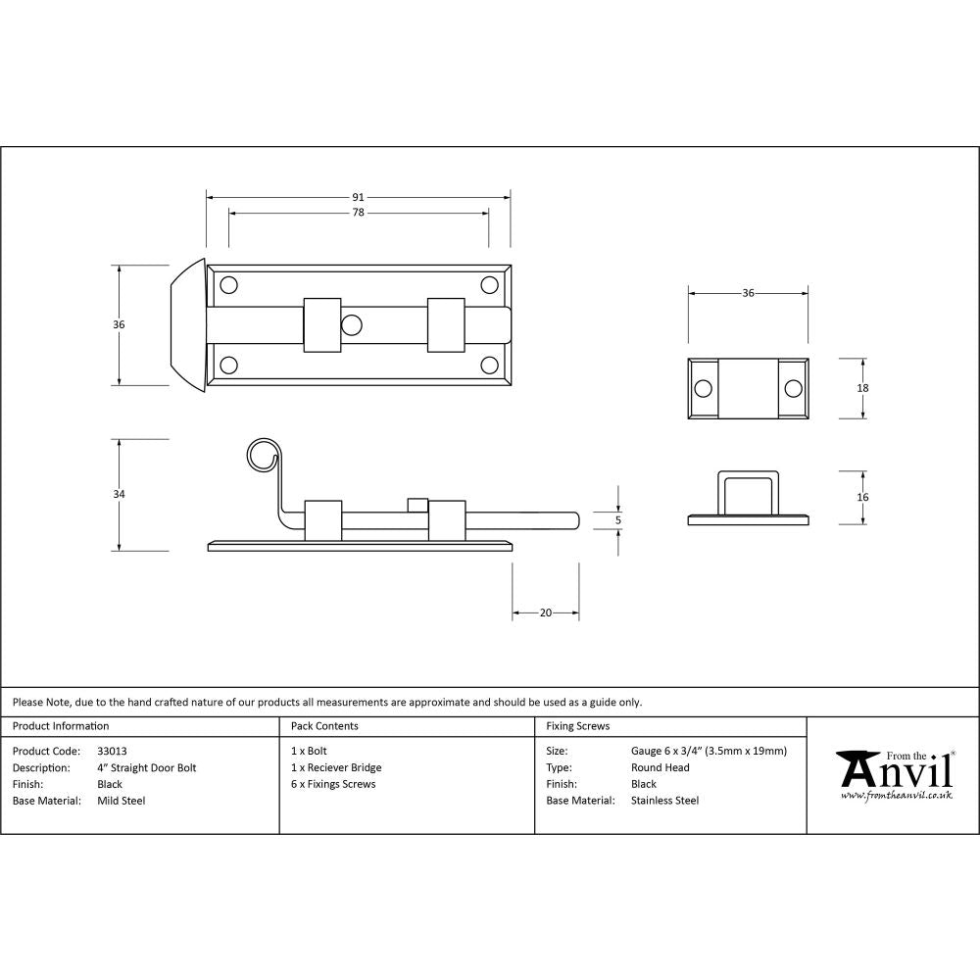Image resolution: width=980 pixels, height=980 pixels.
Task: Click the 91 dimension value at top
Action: click(x=358, y=197)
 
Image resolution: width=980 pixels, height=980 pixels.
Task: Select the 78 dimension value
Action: click(x=358, y=213)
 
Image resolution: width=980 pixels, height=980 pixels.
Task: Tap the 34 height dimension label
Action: click(x=120, y=495)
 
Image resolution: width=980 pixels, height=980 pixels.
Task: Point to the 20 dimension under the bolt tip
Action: click(x=546, y=612)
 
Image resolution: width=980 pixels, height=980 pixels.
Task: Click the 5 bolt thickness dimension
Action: click(x=618, y=520)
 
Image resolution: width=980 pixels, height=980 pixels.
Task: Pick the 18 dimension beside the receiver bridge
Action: click(x=862, y=388)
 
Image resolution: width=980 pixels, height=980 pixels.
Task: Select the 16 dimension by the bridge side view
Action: click(x=862, y=497)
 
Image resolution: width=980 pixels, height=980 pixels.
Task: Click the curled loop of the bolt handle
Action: click(x=262, y=456)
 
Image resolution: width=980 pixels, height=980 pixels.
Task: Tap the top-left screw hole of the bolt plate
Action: click(x=229, y=285)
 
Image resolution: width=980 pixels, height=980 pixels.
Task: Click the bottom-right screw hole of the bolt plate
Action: click(x=489, y=366)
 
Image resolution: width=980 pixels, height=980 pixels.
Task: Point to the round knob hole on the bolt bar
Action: click(x=352, y=324)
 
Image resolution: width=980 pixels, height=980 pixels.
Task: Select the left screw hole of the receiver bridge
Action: click(x=703, y=389)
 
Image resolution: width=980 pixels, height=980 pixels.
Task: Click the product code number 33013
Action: click(x=113, y=752)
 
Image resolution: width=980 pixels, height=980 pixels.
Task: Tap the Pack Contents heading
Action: click(x=324, y=726)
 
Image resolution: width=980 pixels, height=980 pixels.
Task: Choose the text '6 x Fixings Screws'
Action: click(x=333, y=784)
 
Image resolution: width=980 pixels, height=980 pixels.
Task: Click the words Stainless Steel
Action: click(x=665, y=801)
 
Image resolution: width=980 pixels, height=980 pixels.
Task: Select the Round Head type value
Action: click(x=661, y=768)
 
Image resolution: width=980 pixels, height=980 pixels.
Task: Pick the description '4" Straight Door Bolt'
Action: click(x=147, y=768)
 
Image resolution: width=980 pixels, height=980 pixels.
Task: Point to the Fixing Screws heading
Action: click(x=578, y=726)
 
